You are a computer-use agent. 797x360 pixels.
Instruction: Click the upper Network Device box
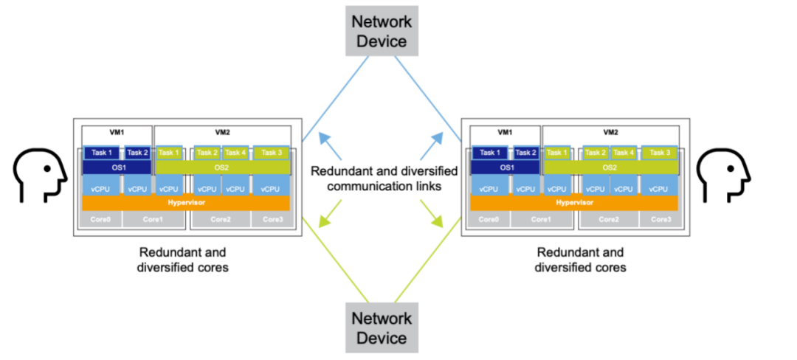[x=382, y=31]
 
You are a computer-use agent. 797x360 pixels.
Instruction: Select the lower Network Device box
[x=382, y=328]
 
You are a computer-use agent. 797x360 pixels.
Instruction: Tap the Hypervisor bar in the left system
[x=186, y=203]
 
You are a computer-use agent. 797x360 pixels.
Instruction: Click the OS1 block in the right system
[x=506, y=167]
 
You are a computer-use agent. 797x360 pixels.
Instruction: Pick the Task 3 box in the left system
[x=272, y=153]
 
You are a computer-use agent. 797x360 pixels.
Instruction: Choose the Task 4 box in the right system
[x=624, y=153]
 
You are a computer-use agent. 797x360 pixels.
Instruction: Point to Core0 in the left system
[x=101, y=219]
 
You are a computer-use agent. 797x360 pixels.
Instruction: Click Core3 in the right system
[x=660, y=219]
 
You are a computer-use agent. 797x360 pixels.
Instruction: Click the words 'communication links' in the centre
[x=384, y=187]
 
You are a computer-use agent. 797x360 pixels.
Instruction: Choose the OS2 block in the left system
[x=222, y=167]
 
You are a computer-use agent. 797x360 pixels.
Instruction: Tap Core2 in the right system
[x=609, y=219]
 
